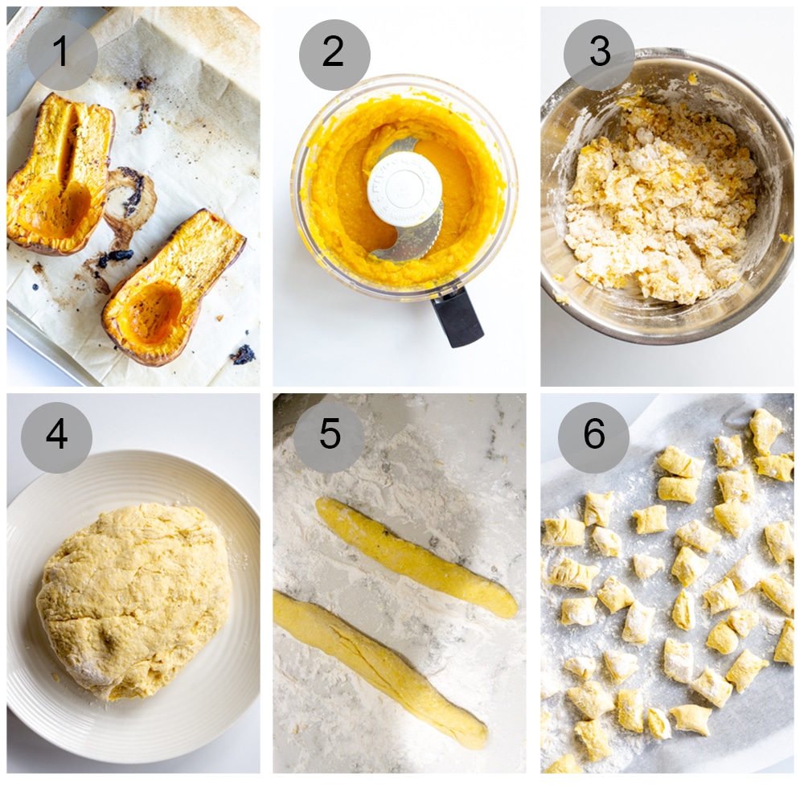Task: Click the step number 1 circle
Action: (62, 54)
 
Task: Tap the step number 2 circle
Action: (334, 54)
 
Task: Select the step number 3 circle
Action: (599, 54)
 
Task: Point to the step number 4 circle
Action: (56, 437)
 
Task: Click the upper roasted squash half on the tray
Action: (61, 173)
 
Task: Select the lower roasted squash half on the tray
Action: (173, 285)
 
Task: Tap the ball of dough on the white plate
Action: (133, 599)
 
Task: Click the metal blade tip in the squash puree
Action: (406, 245)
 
